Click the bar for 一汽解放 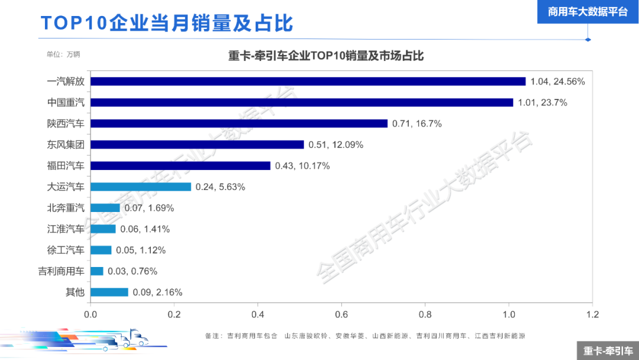coord(308,81)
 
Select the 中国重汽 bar coord(302,102)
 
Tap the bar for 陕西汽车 coord(239,123)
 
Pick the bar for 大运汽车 coord(141,187)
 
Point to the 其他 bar coord(109,292)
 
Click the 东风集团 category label coord(66,144)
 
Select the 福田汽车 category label coord(66,166)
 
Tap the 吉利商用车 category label coord(62,271)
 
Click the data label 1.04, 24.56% coord(557,82)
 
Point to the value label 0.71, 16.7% coord(417,124)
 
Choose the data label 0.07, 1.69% coord(149,208)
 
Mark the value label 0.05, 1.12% coord(141,250)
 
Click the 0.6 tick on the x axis coord(341,314)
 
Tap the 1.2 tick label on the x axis coord(592,314)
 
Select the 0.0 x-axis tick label coord(91,314)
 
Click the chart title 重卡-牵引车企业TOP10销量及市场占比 coord(326,56)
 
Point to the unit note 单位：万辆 coord(63,54)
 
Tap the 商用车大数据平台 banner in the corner coord(588,11)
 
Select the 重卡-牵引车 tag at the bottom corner coord(608,351)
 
